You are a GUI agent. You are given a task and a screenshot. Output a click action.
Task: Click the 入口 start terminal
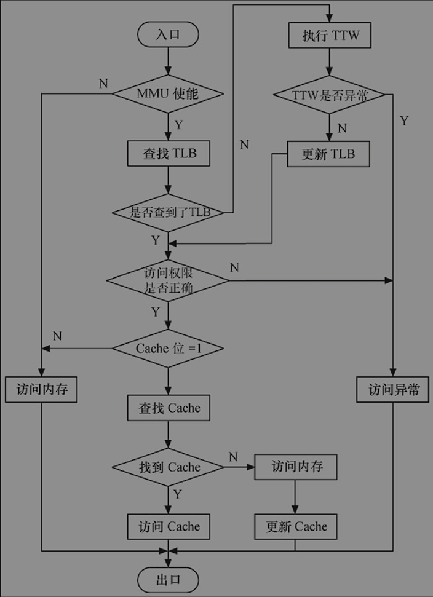pyautogui.click(x=168, y=34)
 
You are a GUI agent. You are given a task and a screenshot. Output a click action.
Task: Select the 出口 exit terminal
pyautogui.click(x=168, y=580)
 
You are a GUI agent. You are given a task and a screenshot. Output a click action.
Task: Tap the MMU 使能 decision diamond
pyautogui.click(x=168, y=94)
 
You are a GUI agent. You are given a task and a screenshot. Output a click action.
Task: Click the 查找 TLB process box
pyautogui.click(x=168, y=153)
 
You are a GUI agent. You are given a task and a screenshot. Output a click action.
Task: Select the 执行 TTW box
pyautogui.click(x=330, y=36)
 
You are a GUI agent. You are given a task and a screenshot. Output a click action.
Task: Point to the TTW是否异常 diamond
pyautogui.click(x=329, y=95)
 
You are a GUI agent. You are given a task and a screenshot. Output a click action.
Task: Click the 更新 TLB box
pyautogui.click(x=329, y=154)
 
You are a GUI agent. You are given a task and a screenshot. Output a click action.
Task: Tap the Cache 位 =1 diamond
pyautogui.click(x=168, y=348)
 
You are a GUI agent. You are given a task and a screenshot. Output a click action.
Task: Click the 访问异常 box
pyautogui.click(x=392, y=389)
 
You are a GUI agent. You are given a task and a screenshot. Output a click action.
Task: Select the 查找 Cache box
pyautogui.click(x=168, y=408)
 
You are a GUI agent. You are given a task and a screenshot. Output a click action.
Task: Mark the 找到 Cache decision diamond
pyautogui.click(x=168, y=467)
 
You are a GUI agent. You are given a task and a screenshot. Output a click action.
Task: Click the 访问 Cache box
pyautogui.click(x=168, y=526)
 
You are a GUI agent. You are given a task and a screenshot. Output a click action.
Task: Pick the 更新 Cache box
pyautogui.click(x=296, y=526)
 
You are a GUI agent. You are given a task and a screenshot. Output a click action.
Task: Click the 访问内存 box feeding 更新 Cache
pyautogui.click(x=296, y=467)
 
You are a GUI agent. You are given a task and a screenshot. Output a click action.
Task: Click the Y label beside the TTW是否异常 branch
pyautogui.click(x=403, y=121)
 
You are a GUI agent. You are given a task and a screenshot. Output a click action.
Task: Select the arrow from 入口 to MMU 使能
pyautogui.click(x=168, y=61)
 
